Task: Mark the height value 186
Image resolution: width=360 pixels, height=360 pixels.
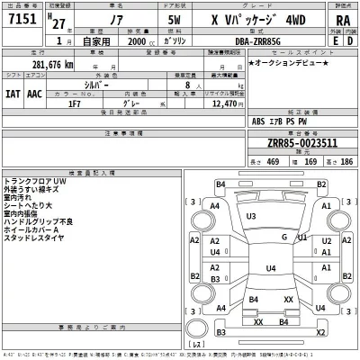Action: pos(346,162)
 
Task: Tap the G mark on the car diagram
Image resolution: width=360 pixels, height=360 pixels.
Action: pos(284,237)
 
